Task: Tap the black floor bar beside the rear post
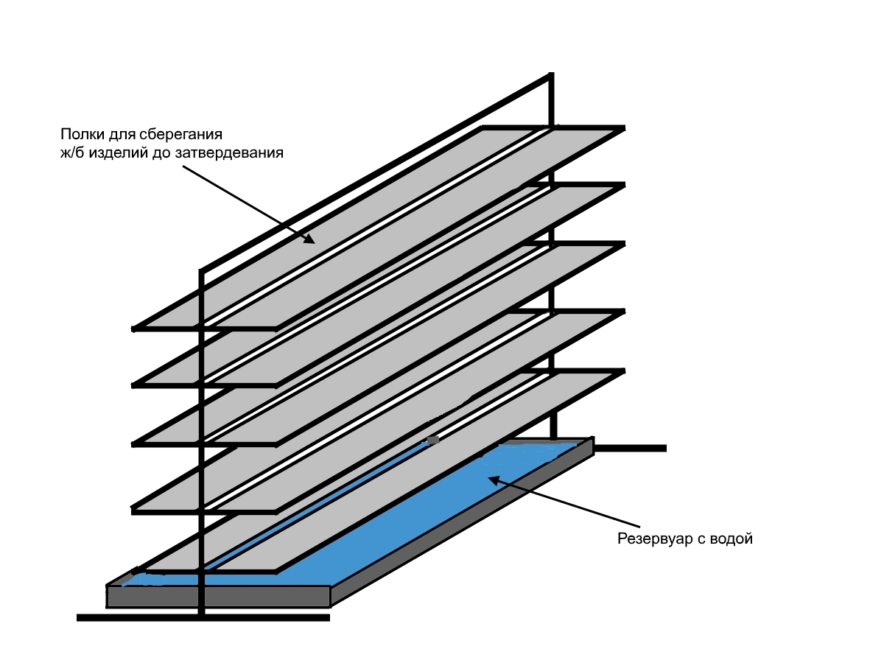click(x=634, y=448)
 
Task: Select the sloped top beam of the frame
click(x=376, y=173)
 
